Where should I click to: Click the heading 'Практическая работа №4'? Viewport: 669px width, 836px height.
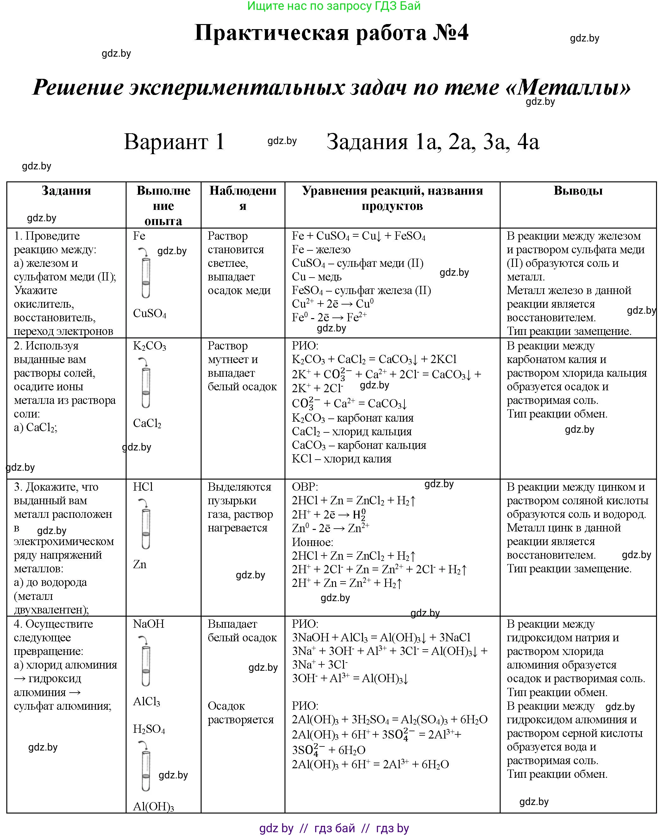pos(331,33)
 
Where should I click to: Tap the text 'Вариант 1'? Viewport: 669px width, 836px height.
pos(174,141)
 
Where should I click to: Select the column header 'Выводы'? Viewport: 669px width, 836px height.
pos(578,191)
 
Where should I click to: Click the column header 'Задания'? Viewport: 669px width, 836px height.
pos(66,191)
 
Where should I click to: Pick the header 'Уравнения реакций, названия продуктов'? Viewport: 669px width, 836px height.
pos(392,198)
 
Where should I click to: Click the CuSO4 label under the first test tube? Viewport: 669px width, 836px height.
pos(149,313)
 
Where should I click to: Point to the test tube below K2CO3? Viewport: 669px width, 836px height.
pos(146,388)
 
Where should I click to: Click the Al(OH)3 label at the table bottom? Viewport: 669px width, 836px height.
pos(153,807)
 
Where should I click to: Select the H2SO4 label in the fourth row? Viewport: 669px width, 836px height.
pos(149,729)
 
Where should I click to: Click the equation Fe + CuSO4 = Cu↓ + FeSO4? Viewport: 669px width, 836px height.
pos(359,236)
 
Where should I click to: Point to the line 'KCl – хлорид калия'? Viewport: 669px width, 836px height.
pos(341,459)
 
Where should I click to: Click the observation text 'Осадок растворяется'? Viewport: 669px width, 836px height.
pos(240,713)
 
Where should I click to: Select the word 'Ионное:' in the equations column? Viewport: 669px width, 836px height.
pos(312,542)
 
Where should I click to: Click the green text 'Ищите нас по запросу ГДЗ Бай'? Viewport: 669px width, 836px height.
pos(334,6)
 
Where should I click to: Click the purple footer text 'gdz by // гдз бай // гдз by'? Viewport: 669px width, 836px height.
pos(334,828)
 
